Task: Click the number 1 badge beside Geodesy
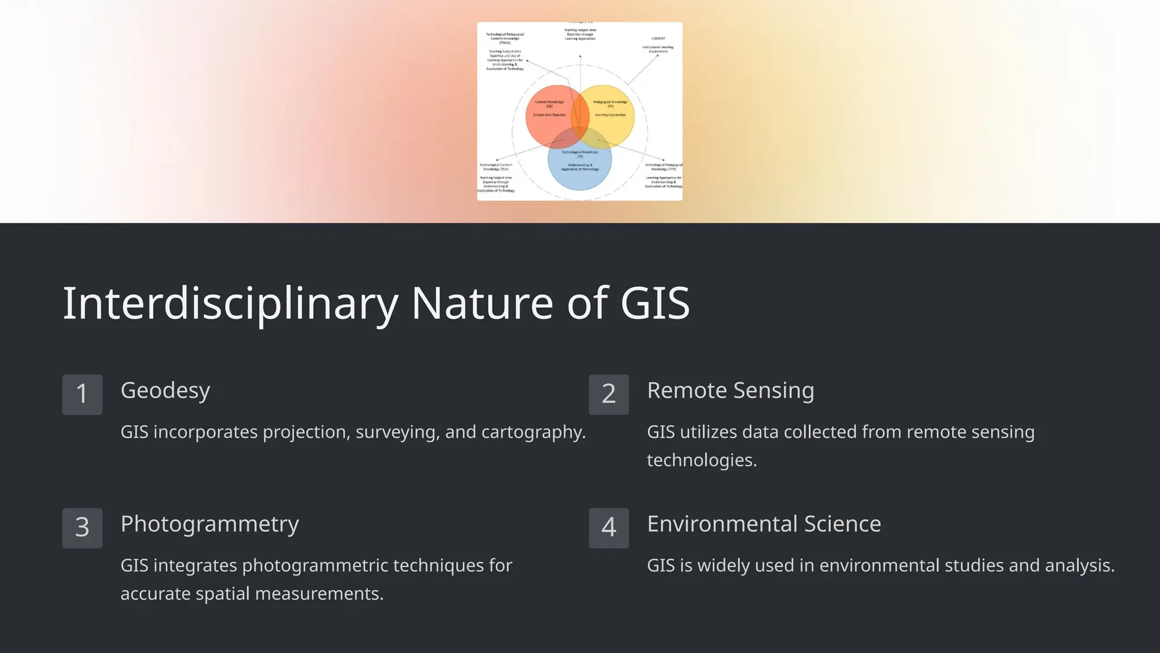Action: pos(82,395)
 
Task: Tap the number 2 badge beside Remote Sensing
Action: pos(609,395)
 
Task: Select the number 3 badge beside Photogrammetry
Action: pos(82,528)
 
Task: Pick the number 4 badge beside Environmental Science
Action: pos(609,528)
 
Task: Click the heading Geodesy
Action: pos(165,391)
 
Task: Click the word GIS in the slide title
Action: pos(655,303)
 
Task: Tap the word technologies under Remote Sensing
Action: pos(702,460)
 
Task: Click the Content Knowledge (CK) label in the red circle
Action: pos(549,104)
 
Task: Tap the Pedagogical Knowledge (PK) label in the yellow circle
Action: pos(610,104)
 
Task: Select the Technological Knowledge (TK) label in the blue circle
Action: pos(580,154)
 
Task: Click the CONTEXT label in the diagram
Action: pos(658,39)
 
